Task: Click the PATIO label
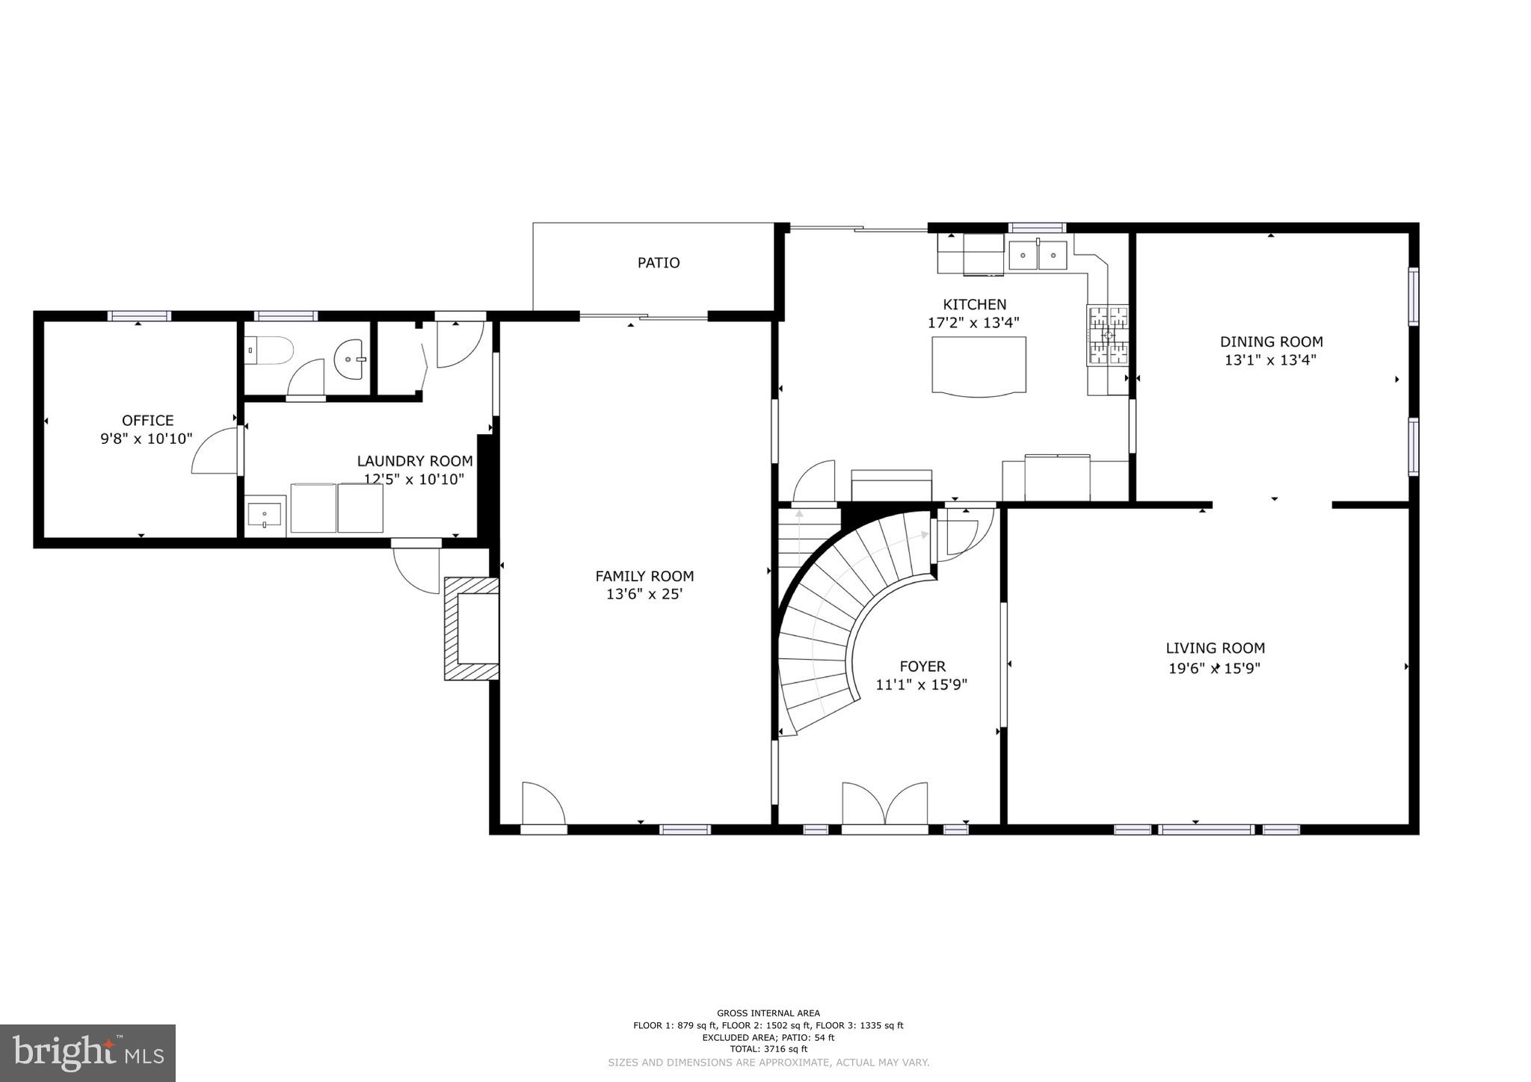point(658,263)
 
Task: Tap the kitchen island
point(979,365)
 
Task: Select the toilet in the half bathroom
point(269,350)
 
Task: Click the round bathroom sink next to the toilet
point(350,359)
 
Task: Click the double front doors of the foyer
point(885,805)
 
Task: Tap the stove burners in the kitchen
point(1107,336)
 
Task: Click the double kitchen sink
point(1038,256)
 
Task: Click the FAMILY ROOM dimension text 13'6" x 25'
point(644,595)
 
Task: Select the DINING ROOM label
point(1271,342)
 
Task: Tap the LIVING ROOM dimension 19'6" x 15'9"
point(1214,668)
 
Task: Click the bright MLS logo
point(87,1053)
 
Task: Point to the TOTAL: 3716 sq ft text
point(768,1048)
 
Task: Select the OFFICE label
point(147,421)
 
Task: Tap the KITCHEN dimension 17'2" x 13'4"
point(973,323)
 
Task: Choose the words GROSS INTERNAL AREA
point(768,1013)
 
